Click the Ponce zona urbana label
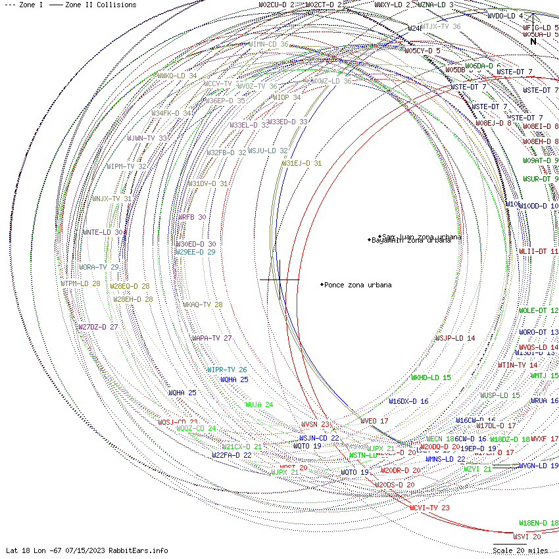click(x=357, y=285)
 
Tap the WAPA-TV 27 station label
click(x=212, y=338)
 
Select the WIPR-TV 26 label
click(x=227, y=370)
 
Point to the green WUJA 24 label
click(x=259, y=405)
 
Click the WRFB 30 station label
click(x=192, y=217)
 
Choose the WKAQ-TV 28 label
click(x=203, y=305)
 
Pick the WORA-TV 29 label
click(x=99, y=268)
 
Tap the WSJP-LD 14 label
click(x=455, y=338)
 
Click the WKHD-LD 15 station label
click(x=431, y=377)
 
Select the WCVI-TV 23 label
click(x=429, y=508)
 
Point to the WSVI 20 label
click(x=527, y=537)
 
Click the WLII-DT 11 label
click(x=539, y=251)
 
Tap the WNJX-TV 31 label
click(x=111, y=199)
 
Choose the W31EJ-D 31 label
click(x=302, y=163)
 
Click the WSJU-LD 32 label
click(x=268, y=151)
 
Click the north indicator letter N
click(x=533, y=41)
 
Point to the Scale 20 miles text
click(x=520, y=550)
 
